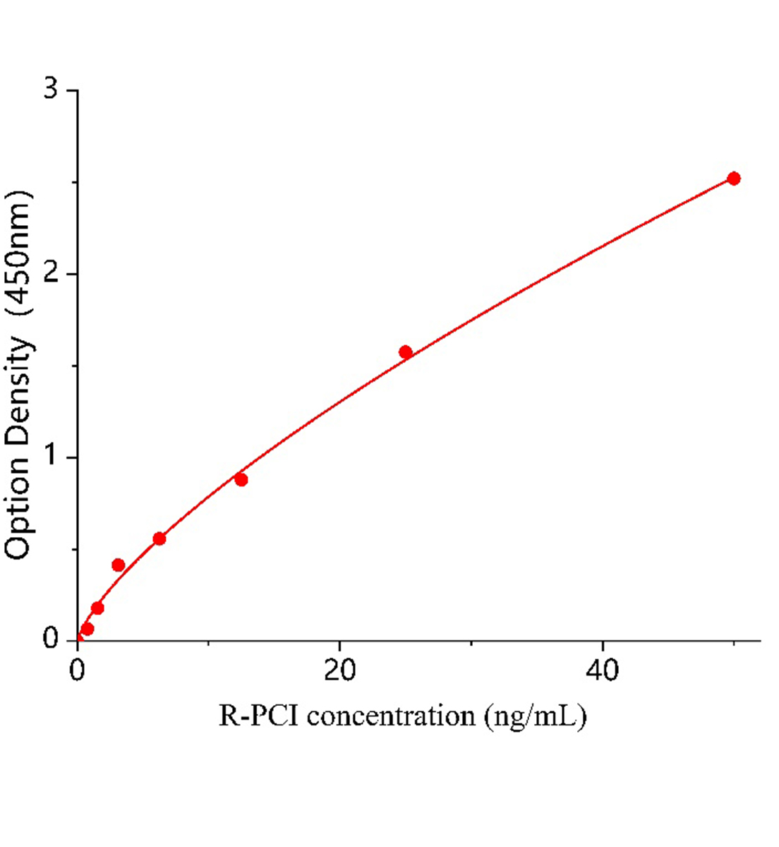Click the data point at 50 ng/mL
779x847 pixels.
[734, 179]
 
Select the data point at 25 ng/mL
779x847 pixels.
[406, 352]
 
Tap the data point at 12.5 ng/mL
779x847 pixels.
[241, 480]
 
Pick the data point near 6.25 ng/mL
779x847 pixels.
[159, 539]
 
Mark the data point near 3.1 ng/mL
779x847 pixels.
[119, 565]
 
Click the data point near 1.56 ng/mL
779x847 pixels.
[97, 608]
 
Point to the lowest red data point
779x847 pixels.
[87, 629]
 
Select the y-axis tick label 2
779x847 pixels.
[50, 274]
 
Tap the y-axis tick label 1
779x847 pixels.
[50, 457]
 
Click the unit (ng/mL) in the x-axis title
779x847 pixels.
[535, 717]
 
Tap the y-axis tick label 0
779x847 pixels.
[50, 639]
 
